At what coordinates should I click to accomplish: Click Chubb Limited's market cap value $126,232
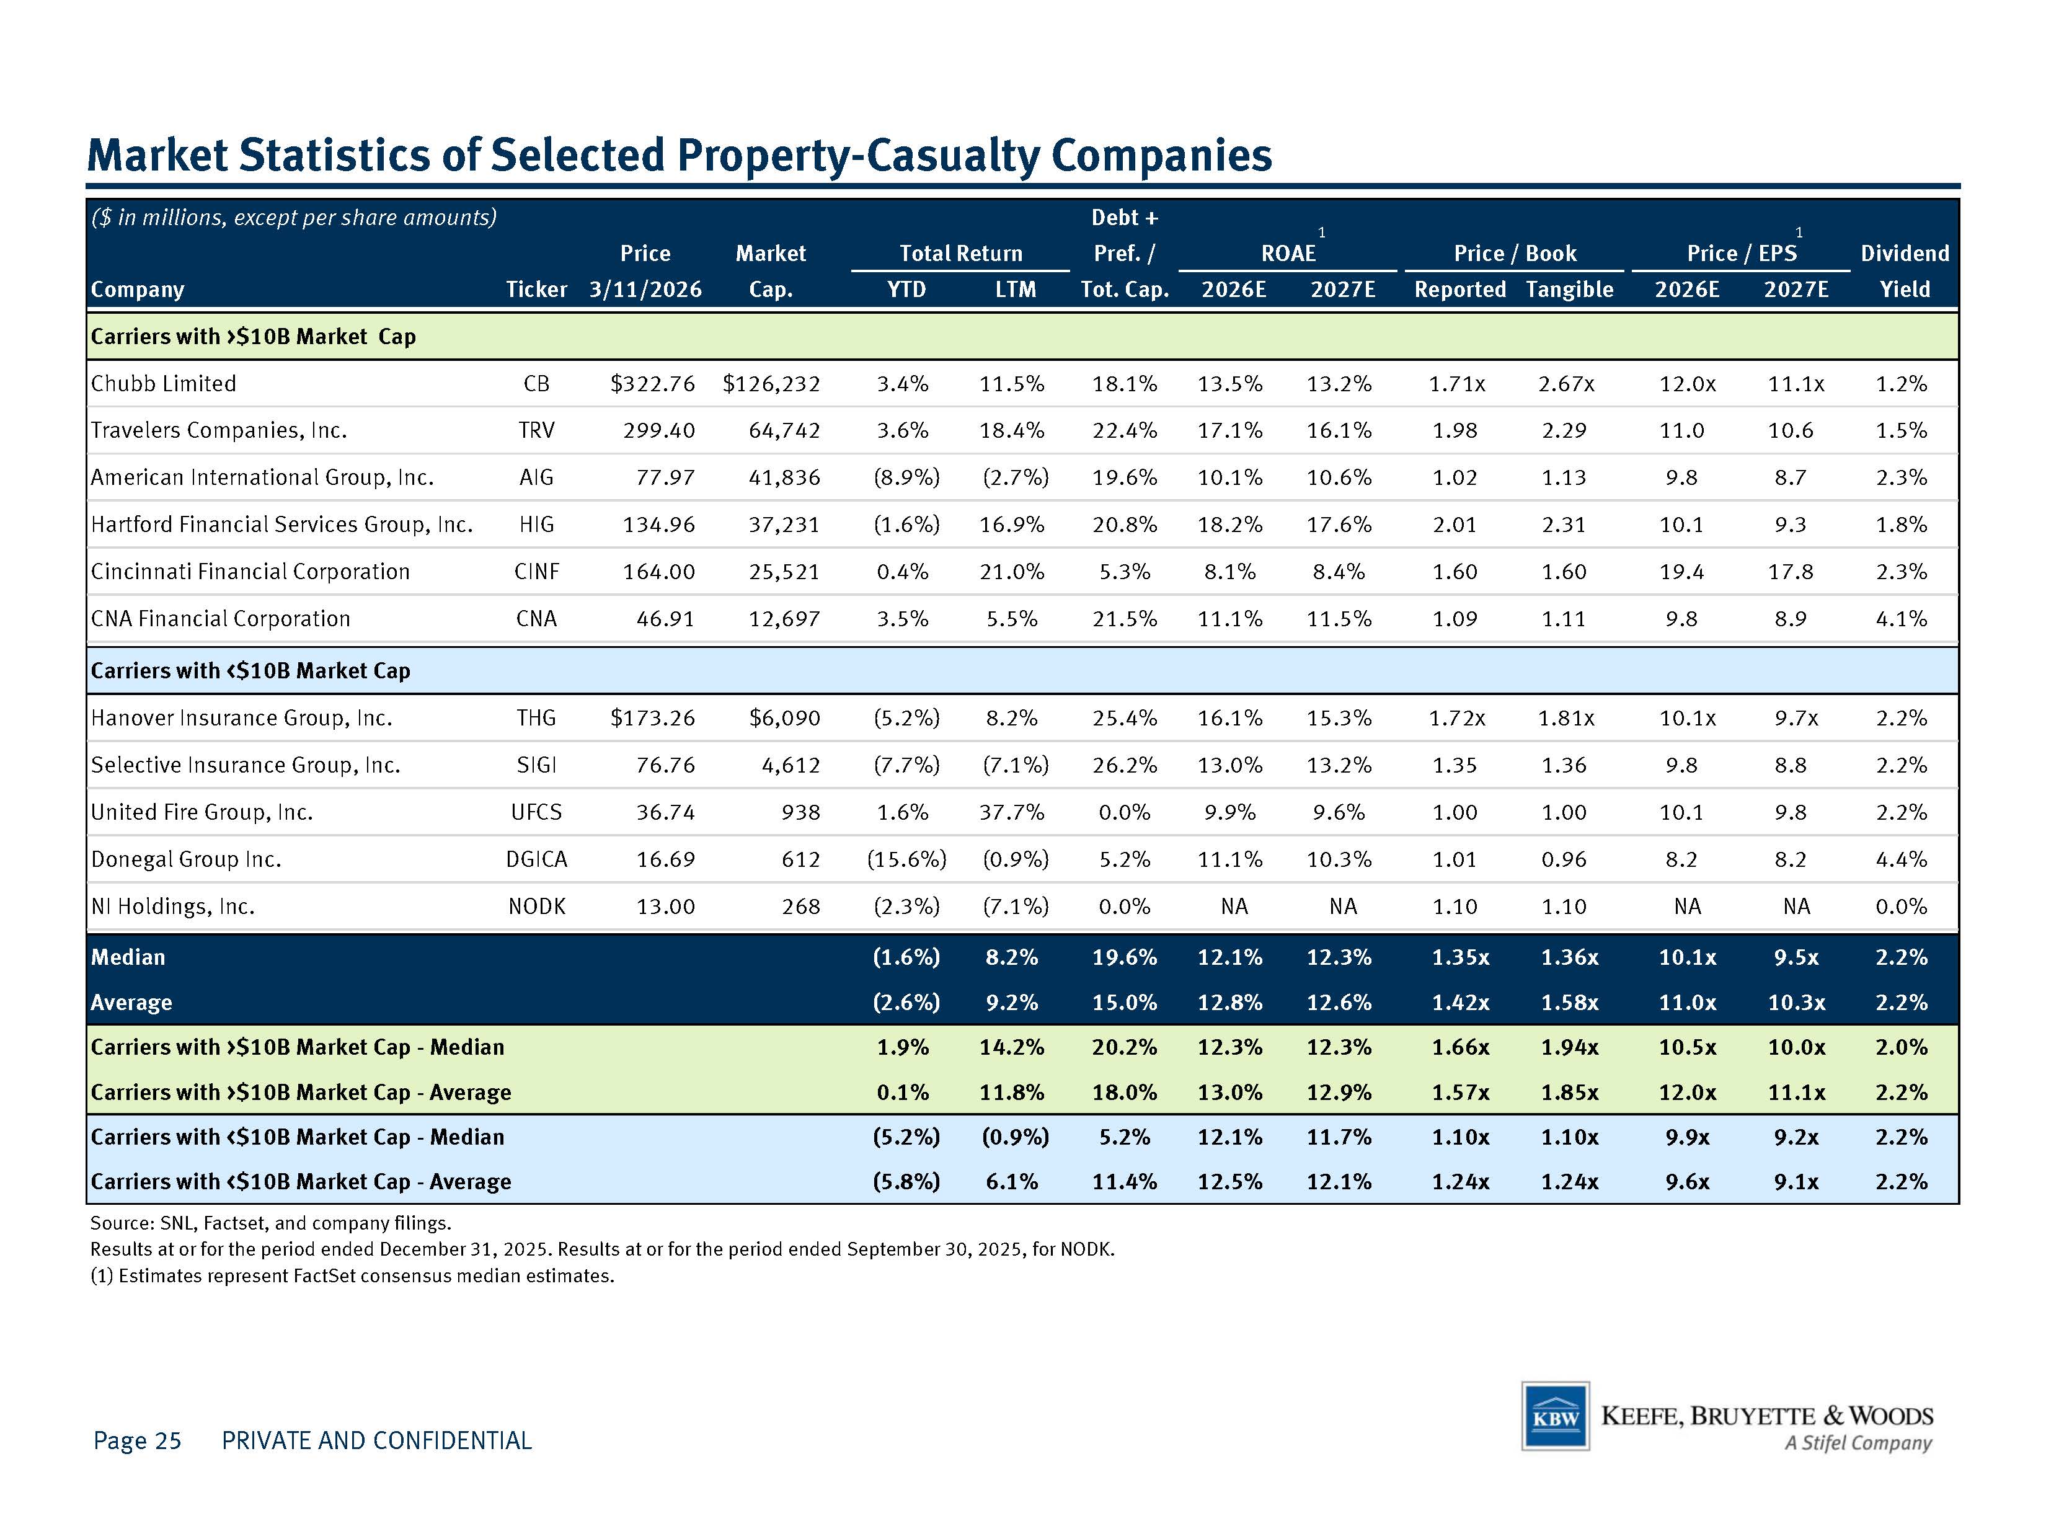pos(771,384)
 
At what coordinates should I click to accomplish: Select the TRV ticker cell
pos(536,431)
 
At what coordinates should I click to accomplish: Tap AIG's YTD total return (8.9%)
pos(906,478)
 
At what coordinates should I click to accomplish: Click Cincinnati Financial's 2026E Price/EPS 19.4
pos(1681,572)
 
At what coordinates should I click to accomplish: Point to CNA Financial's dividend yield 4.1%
pos(1902,619)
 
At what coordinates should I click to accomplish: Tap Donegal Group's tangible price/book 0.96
pos(1564,860)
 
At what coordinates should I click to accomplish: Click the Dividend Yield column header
pos(1905,271)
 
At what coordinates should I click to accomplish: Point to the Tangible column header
pos(1570,290)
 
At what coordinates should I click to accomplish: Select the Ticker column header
pos(536,290)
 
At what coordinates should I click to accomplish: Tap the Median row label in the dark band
pos(128,957)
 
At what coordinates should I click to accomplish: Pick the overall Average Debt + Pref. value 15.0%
pos(1125,1003)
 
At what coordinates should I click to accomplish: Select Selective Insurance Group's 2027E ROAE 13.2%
pos(1339,766)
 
